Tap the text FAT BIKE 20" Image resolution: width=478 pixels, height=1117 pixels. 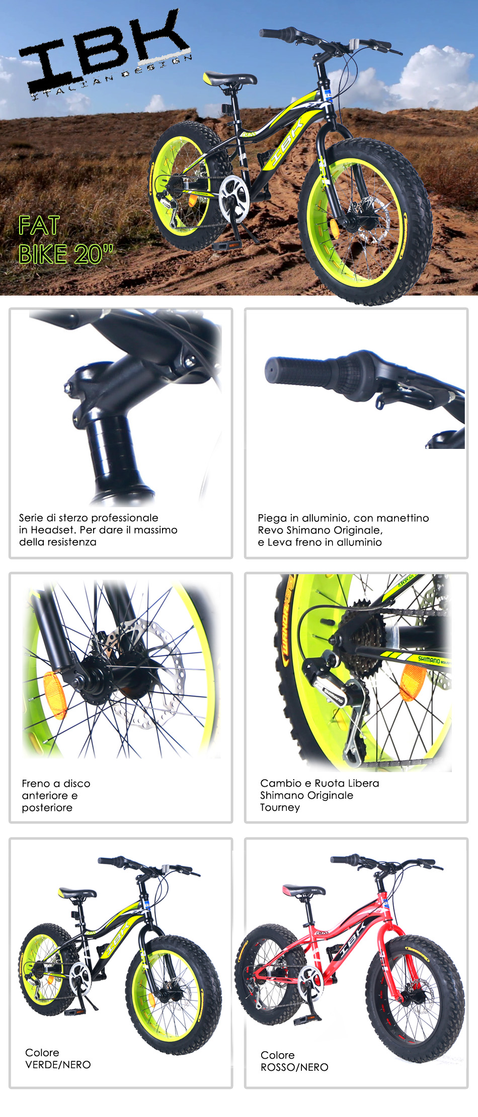(x=65, y=240)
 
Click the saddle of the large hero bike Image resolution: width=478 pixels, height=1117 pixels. (x=230, y=78)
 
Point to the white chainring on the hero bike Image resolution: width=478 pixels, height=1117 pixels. (x=234, y=195)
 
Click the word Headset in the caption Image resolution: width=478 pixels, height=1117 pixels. (x=53, y=530)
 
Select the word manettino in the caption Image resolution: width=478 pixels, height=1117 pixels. (x=403, y=518)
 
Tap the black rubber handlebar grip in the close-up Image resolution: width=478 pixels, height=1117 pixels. (x=302, y=372)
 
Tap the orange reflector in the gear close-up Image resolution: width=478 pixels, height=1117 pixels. (x=413, y=683)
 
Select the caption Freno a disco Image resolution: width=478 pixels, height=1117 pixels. (x=56, y=783)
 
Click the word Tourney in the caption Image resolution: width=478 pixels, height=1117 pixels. (x=280, y=808)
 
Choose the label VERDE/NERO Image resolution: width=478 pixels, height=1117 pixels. (x=58, y=1065)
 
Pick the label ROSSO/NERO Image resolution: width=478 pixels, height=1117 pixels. (x=294, y=1067)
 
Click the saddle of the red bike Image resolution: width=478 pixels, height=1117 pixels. (x=303, y=890)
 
